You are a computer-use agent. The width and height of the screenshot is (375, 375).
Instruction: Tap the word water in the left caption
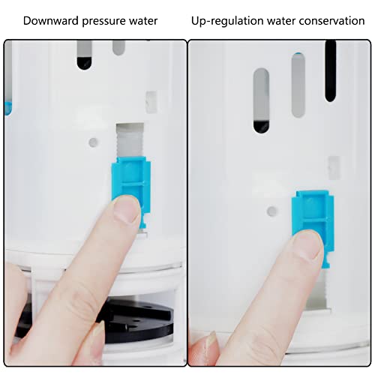click(x=142, y=20)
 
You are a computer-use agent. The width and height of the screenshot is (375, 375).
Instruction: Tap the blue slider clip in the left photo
click(x=128, y=180)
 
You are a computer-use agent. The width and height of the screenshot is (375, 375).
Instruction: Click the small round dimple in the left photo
click(x=92, y=141)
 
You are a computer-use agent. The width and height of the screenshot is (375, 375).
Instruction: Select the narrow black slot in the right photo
click(x=330, y=71)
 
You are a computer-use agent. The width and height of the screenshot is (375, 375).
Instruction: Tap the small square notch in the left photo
click(x=151, y=101)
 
